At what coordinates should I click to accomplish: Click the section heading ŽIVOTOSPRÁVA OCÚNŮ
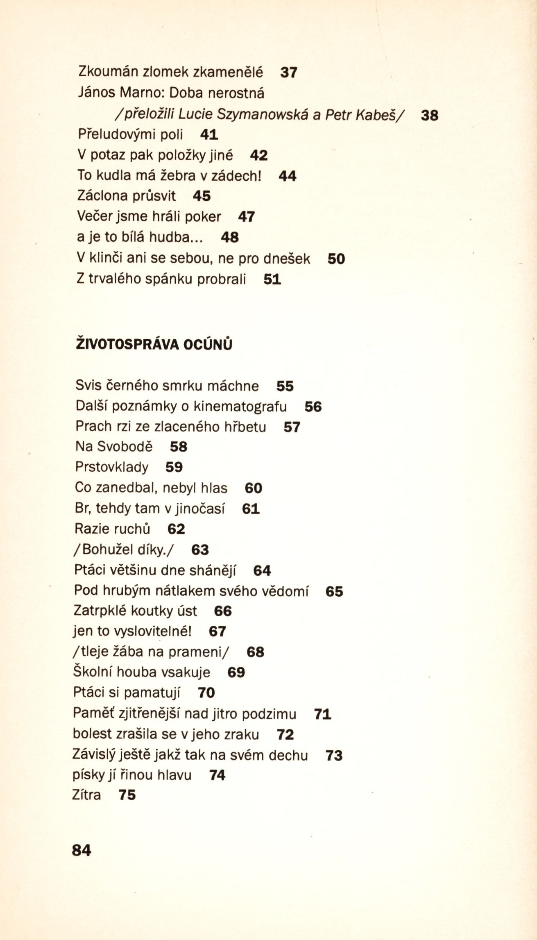[154, 344]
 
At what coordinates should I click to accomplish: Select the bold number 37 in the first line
[289, 73]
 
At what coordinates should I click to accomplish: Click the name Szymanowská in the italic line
[262, 114]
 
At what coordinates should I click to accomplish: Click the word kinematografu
[240, 406]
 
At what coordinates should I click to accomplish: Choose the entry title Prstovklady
[112, 467]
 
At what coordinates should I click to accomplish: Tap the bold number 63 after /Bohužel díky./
[200, 549]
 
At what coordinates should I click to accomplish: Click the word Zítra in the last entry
[86, 795]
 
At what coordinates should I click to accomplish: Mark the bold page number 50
[336, 259]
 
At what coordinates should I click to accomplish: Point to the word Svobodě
[125, 447]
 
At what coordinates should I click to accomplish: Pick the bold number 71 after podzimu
[322, 714]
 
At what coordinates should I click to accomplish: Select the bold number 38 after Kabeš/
[430, 115]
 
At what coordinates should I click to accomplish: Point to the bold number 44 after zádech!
[288, 176]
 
